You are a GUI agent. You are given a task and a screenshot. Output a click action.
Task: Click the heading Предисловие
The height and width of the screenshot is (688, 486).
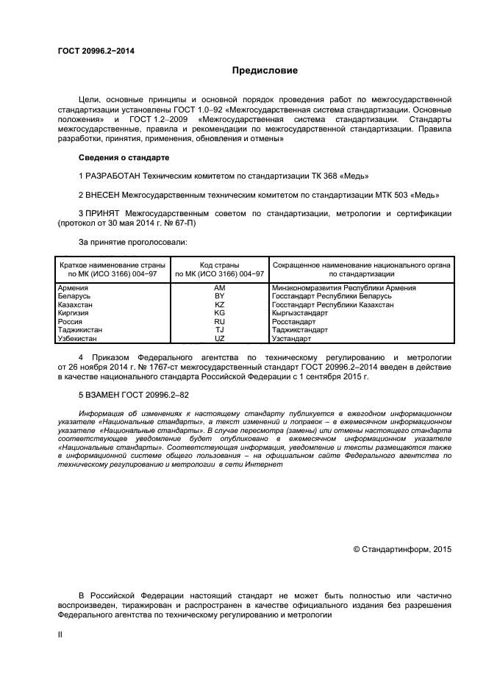tap(265, 71)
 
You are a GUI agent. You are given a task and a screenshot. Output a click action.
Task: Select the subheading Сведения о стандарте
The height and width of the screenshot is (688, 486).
tap(124, 158)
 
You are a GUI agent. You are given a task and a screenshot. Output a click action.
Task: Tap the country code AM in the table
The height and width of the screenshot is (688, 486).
tap(218, 288)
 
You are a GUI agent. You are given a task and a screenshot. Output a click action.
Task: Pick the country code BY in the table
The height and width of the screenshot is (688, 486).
tap(218, 296)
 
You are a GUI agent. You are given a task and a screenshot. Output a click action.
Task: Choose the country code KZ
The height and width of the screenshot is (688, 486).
tap(218, 304)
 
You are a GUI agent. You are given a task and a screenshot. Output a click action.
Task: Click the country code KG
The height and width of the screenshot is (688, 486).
tap(218, 313)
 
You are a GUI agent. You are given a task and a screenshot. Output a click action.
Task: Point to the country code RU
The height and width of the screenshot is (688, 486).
tap(218, 321)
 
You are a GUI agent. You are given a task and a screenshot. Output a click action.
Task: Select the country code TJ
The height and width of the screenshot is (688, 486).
tap(218, 330)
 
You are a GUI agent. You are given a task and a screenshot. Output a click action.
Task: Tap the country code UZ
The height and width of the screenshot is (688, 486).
tap(218, 338)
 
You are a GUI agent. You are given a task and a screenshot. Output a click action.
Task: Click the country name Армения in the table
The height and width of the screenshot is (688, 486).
tap(74, 288)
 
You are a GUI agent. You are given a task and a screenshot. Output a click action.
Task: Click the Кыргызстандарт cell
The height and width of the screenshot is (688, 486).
tap(300, 313)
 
